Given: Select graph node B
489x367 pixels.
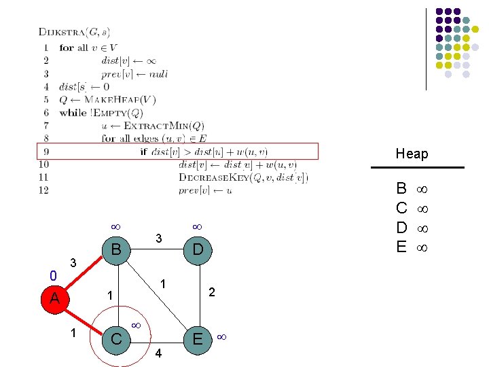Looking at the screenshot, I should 116,249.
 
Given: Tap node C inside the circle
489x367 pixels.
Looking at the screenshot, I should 116,338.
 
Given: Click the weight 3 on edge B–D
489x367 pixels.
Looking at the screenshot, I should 158,239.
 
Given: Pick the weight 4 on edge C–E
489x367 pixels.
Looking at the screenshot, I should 158,353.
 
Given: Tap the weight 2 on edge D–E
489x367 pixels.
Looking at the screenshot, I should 212,292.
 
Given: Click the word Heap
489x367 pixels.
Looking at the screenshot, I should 412,154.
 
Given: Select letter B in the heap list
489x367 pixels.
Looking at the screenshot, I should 401,188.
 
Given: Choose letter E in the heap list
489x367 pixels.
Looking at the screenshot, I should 401,247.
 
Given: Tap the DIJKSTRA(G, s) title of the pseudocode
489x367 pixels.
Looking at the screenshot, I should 75,31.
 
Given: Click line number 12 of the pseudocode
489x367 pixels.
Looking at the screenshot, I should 43,190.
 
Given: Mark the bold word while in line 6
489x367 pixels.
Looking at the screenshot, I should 73,113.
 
